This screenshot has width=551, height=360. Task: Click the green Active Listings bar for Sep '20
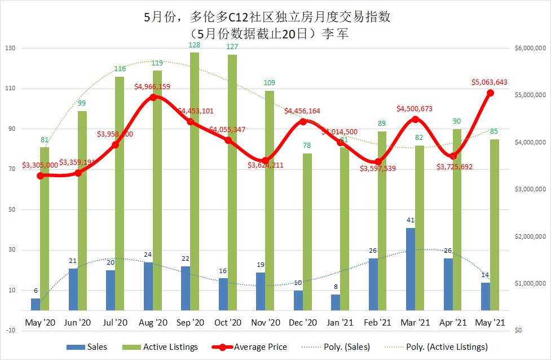(195, 181)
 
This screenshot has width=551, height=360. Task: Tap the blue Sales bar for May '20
(36, 304)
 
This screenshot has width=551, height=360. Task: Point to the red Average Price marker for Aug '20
(152, 98)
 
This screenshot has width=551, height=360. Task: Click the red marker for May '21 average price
(490, 93)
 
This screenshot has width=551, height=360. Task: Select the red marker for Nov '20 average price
(265, 161)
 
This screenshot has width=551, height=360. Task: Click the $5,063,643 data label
(490, 82)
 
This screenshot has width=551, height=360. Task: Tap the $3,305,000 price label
(40, 165)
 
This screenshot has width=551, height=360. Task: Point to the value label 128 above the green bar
(195, 45)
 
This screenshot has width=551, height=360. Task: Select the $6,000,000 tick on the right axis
(530, 49)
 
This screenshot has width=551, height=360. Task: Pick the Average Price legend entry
(251, 347)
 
